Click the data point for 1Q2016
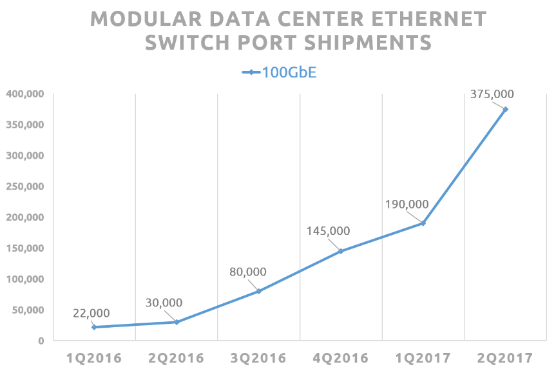coord(94,327)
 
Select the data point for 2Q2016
coord(177,322)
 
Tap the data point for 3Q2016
coord(259,291)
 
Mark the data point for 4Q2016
coord(341,251)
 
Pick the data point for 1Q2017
coord(423,223)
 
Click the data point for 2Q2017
coord(506,109)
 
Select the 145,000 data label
coord(329,231)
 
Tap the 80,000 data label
coord(248,272)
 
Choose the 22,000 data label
coord(91,313)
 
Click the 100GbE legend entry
coord(279,72)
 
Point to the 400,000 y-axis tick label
coord(24,94)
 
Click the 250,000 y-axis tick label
coord(24,186)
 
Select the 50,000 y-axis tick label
coord(27,310)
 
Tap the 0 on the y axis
coord(40,341)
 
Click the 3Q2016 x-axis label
coord(258,357)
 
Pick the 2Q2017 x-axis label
coord(506,357)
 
